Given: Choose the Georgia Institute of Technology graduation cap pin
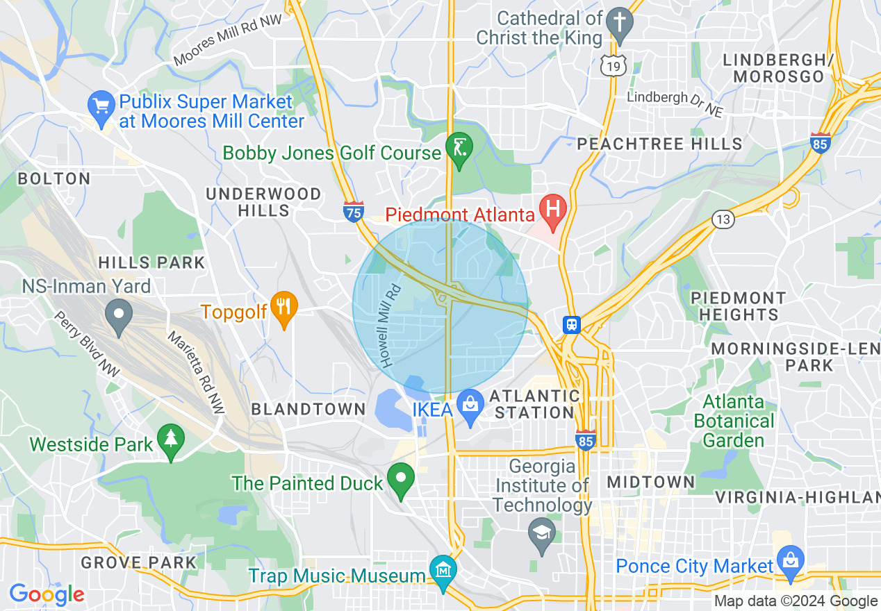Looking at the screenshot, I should [541, 534].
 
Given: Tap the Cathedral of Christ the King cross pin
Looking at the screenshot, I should [618, 23].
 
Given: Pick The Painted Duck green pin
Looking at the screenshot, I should [401, 479].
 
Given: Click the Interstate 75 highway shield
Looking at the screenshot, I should [354, 212].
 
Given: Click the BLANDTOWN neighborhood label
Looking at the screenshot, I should [308, 409].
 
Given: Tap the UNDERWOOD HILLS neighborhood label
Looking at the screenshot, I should [263, 202].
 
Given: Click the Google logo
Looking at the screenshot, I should [47, 594].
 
